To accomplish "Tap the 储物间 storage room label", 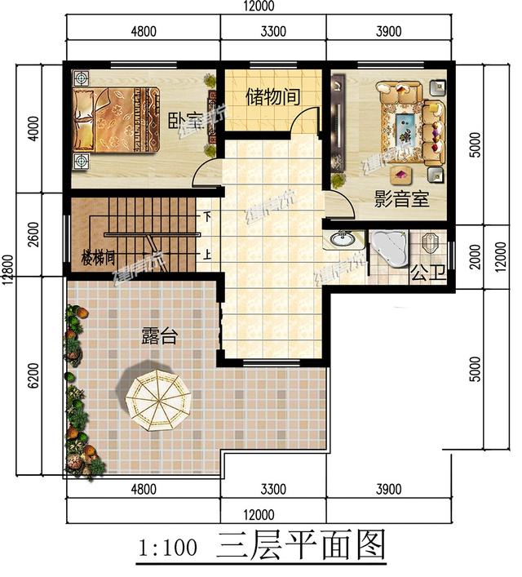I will click(272, 96).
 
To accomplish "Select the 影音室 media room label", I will click(401, 199).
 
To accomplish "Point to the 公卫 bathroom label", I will click(429, 273).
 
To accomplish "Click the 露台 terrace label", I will click(159, 335).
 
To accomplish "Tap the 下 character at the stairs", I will click(208, 217).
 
